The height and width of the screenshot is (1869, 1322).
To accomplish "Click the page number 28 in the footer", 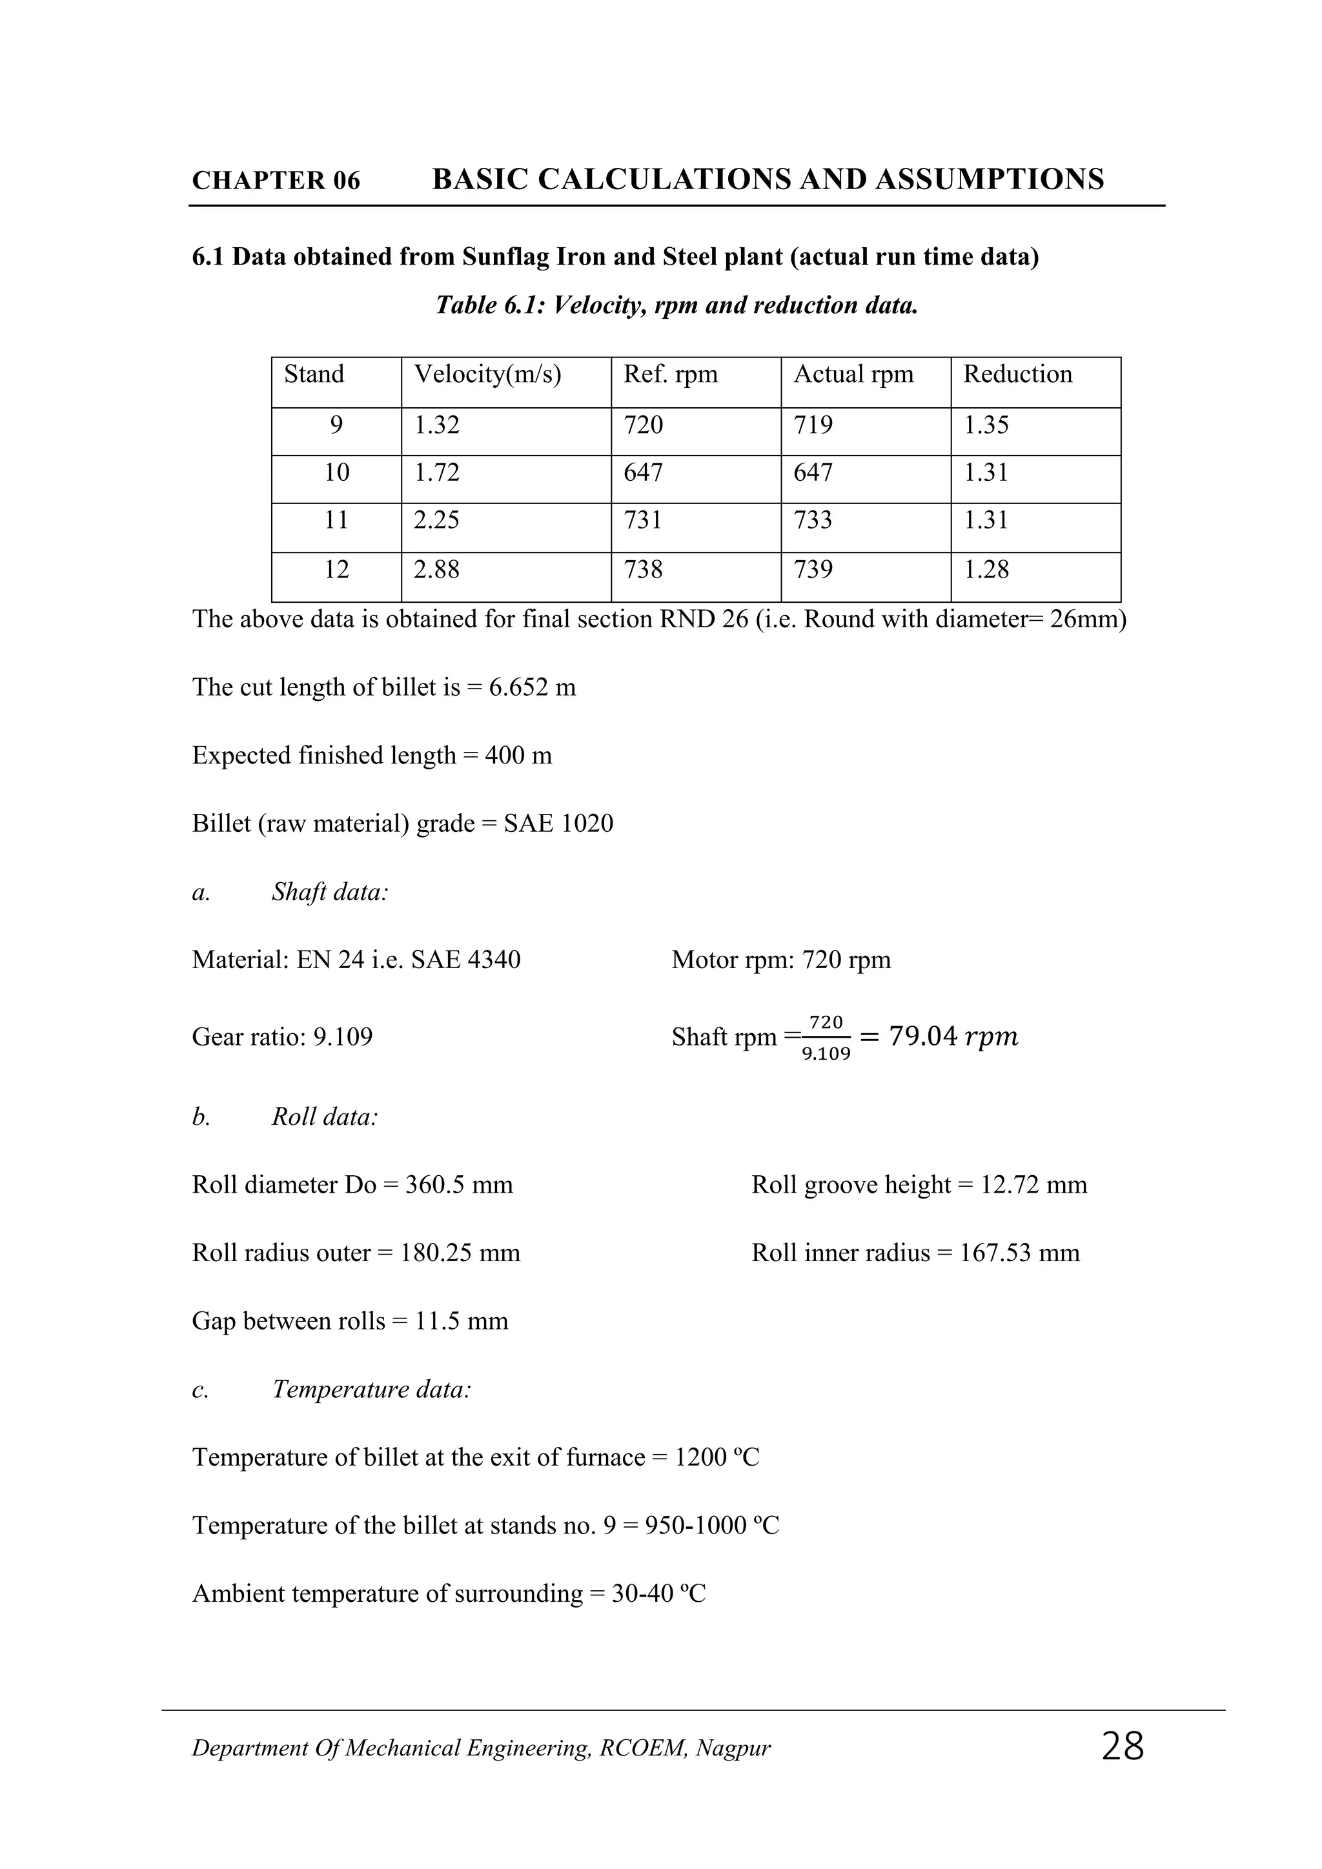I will pos(1122,1747).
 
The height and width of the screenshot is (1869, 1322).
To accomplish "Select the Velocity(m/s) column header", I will pos(487,374).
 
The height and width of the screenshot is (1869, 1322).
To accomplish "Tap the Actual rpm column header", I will pos(853,374).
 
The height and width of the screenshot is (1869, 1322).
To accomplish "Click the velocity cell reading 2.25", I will pos(436,520).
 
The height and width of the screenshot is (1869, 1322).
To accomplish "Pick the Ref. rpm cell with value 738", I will pos(643,569).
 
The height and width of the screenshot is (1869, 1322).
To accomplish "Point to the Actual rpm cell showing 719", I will pos(813,425).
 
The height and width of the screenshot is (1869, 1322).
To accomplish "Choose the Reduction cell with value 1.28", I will pos(986,569).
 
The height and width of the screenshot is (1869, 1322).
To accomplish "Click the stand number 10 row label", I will pos(336,472).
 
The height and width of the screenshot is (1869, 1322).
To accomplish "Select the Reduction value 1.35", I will pos(986,425).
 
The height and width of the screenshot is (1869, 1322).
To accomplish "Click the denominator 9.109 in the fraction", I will pos(826,1054).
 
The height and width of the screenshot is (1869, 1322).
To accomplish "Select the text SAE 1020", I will pos(558,823).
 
